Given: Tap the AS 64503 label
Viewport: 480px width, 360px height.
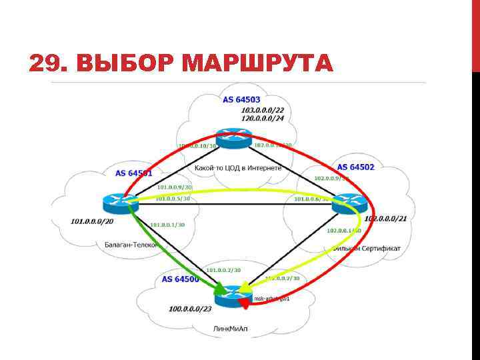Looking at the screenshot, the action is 241,99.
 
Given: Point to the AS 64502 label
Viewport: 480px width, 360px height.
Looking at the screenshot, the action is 355,167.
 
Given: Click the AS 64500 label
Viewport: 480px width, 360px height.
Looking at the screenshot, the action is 180,279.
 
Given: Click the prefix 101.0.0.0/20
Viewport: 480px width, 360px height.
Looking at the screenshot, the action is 93,221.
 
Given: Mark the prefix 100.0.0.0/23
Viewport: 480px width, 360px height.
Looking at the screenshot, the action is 191,309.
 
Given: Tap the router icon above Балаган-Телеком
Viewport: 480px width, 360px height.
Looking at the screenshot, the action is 121,202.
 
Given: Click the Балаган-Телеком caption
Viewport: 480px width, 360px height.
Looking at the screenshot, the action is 131,245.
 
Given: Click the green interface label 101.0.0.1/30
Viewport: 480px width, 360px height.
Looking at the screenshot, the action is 168,225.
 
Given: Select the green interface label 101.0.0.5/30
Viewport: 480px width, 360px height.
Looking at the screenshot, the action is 173,199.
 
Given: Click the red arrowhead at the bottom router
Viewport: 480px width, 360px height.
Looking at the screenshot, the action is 245,303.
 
